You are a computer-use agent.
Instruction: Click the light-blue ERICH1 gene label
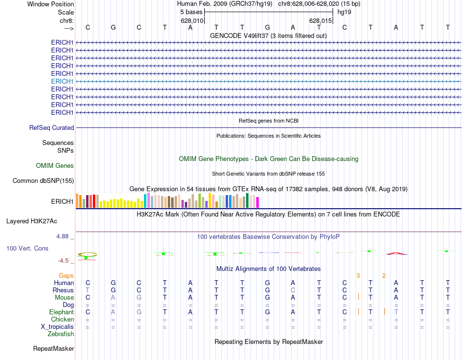[x=62, y=81]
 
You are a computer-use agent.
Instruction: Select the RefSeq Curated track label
[x=52, y=127]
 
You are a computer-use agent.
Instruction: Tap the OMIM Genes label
[x=55, y=165]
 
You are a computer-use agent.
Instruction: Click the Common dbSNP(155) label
[x=43, y=181]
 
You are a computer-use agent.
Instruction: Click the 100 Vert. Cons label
[x=27, y=248]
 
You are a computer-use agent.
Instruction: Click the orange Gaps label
[x=66, y=275]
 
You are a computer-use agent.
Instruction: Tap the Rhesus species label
[x=63, y=290]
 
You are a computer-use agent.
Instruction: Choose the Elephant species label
[x=61, y=312]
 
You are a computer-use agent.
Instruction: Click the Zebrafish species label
[x=61, y=334]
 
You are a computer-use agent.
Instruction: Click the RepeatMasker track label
[x=53, y=348]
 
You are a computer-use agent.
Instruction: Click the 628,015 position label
[x=320, y=21]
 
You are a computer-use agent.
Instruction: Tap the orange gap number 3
[x=358, y=276]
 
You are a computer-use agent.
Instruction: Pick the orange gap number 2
[x=384, y=276]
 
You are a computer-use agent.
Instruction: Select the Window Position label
[x=51, y=4]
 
